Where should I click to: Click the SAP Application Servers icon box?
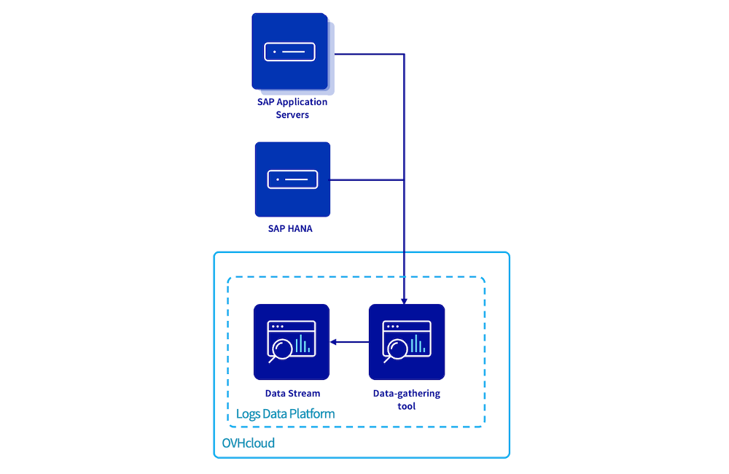289,51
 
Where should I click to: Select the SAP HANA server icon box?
292,179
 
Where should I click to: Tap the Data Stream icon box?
292,342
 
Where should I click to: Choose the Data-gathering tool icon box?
407,342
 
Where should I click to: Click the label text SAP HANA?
292,229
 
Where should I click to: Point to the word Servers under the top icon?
292,115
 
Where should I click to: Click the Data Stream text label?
292,394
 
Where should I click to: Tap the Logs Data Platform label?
286,414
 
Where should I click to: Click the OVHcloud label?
249,443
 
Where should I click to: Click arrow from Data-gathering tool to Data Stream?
350,342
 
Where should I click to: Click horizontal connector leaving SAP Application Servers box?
368,54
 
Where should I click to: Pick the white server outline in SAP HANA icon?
292,179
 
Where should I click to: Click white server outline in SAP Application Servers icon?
289,52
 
